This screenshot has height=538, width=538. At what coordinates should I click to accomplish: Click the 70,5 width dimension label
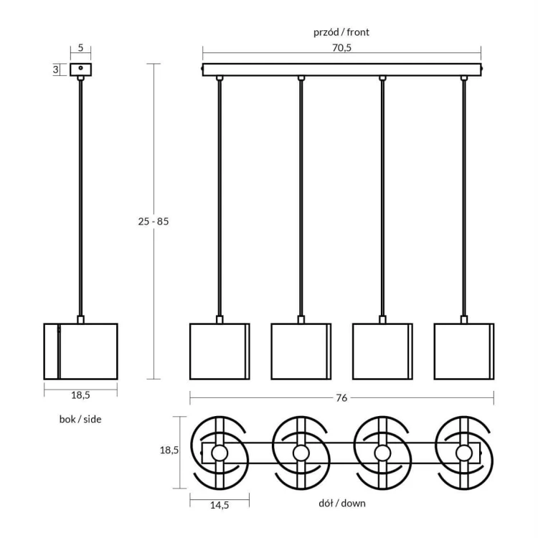[x=341, y=48]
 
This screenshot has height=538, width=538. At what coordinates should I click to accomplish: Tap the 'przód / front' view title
[x=341, y=32]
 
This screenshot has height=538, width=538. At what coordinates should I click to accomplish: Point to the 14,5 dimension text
[x=219, y=505]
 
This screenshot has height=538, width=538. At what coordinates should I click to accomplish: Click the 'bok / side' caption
[x=80, y=419]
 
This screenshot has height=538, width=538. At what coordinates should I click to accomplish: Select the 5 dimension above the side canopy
[x=80, y=48]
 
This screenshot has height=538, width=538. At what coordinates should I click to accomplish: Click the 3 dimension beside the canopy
[x=55, y=70]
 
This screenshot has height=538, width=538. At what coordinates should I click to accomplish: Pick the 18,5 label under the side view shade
[x=80, y=395]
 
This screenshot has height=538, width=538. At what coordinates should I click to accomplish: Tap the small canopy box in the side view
[x=81, y=70]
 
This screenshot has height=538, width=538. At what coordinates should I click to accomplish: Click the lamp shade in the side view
[x=80, y=351]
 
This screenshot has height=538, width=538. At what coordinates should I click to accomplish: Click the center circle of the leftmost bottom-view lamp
[x=219, y=453]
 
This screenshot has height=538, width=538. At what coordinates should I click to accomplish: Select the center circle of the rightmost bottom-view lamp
[x=464, y=453]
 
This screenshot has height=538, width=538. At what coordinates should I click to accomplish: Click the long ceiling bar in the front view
[x=341, y=70]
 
